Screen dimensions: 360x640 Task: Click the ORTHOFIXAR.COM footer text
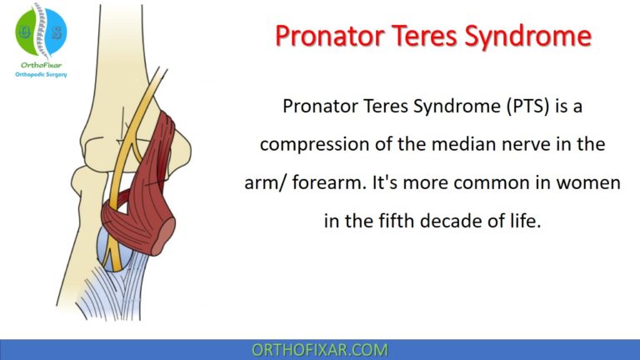[320, 349]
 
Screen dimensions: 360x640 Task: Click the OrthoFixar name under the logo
[41, 64]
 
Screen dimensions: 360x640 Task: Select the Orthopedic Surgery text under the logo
[41, 74]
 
